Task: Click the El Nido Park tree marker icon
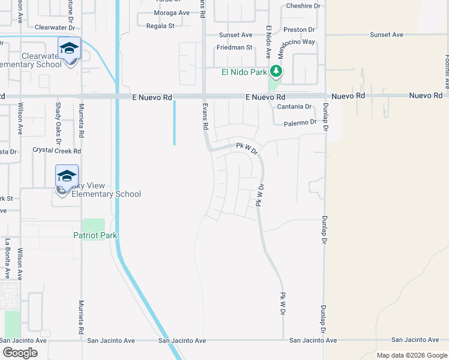pos(276,72)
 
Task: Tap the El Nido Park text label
pos(244,73)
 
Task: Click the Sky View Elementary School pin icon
pos(67,176)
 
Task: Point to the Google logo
pos(20,353)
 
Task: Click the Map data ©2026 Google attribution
pos(412,355)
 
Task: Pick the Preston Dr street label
pos(299,29)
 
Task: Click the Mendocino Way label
pos(296,42)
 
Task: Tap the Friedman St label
pos(235,47)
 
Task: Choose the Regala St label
pos(160,26)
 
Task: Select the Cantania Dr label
pos(294,107)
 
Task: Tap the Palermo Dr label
pos(300,122)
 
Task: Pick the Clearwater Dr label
pos(53,28)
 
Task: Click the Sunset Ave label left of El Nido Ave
pos(235,35)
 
